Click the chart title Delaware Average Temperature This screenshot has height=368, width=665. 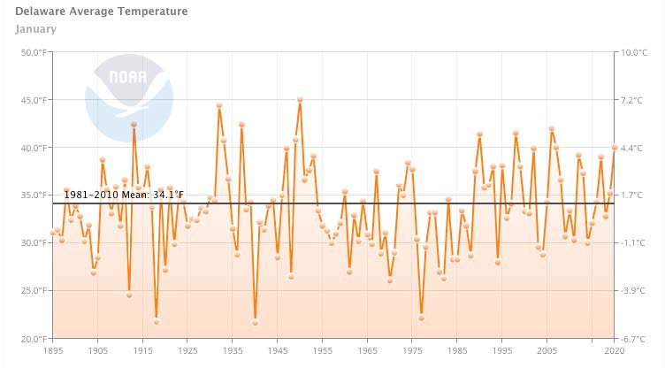point(102,12)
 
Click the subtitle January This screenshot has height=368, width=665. point(36,28)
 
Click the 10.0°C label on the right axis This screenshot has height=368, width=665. point(634,52)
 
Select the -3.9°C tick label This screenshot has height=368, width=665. point(633,290)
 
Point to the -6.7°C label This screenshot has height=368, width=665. point(633,338)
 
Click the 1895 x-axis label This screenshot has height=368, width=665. point(53,351)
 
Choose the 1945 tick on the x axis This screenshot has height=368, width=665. point(277,351)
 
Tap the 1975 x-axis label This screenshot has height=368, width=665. point(411,351)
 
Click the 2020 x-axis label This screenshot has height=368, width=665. point(613,351)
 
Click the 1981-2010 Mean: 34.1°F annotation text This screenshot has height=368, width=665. point(124,195)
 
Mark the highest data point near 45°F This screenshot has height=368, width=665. point(300,100)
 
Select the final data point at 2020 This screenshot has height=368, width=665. point(614,148)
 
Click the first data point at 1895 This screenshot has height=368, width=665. point(53,234)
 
